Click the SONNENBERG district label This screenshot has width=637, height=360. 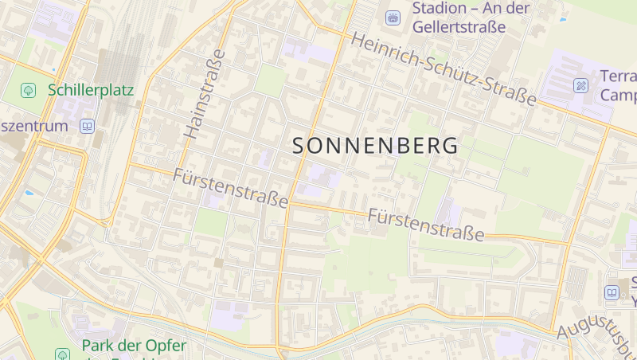tap(375, 146)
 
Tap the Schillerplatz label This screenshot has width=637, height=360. tap(91, 89)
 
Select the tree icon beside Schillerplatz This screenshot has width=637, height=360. tap(29, 90)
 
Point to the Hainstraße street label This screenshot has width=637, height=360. tap(203, 96)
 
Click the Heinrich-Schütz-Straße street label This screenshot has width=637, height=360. tap(444, 69)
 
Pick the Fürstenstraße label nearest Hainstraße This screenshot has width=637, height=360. tap(230, 188)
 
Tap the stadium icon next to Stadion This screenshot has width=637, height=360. tap(393, 17)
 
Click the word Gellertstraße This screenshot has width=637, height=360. tap(459, 27)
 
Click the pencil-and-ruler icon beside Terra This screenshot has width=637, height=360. tap(581, 84)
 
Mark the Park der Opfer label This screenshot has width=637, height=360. tap(134, 346)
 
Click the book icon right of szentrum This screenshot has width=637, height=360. tap(87, 127)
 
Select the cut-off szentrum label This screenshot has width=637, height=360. tap(33, 127)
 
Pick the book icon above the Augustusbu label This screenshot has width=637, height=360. tap(612, 292)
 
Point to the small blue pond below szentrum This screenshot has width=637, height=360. tap(29, 193)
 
